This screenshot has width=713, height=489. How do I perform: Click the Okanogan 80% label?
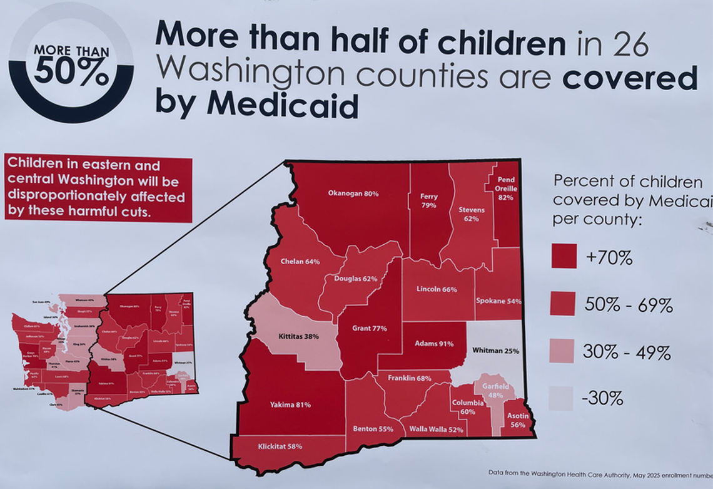tap(353, 193)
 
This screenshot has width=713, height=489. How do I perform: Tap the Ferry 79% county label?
tap(428, 200)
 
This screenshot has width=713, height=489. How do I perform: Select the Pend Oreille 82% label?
tap(506, 188)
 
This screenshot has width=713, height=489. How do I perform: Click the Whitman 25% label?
tap(495, 351)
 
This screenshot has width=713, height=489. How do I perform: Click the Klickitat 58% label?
tap(280, 446)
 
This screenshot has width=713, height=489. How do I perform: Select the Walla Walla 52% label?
tap(436, 430)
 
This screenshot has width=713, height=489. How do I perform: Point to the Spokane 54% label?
tap(498, 301)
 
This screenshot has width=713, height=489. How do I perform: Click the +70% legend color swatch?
tap(564, 256)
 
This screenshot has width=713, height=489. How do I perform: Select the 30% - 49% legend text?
tap(627, 353)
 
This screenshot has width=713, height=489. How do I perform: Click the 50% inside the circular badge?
tap(71, 73)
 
